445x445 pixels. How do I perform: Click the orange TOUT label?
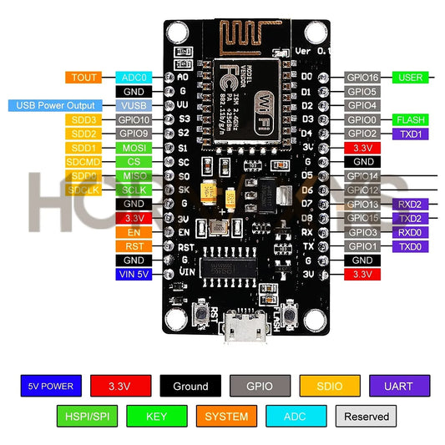pyautogui.click(x=84, y=78)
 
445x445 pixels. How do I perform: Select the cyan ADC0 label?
pyautogui.click(x=134, y=78)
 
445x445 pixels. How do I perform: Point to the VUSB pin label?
pyautogui.click(x=134, y=106)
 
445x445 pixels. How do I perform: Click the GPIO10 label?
pyautogui.click(x=134, y=120)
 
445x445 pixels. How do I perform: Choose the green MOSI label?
pyautogui.click(x=134, y=148)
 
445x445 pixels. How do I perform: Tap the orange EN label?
pyautogui.click(x=134, y=232)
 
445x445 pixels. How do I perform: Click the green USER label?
pyautogui.click(x=411, y=78)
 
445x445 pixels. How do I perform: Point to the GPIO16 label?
pyautogui.click(x=363, y=78)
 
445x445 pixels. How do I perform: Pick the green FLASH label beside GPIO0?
pyautogui.click(x=411, y=119)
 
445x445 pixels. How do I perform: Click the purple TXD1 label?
pyautogui.click(x=411, y=134)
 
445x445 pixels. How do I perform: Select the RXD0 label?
pyautogui.click(x=411, y=232)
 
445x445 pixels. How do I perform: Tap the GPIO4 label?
pyautogui.click(x=363, y=106)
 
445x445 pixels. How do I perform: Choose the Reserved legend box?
pyautogui.click(x=366, y=416)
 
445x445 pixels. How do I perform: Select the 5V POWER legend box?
pyautogui.click(x=50, y=387)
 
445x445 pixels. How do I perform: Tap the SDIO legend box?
pyautogui.click(x=331, y=387)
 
